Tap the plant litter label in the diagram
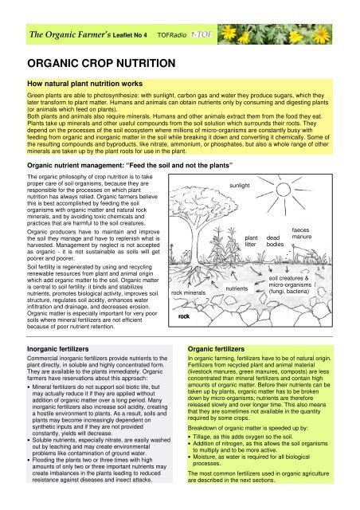coord(252,241)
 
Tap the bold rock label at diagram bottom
coord(184,316)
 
